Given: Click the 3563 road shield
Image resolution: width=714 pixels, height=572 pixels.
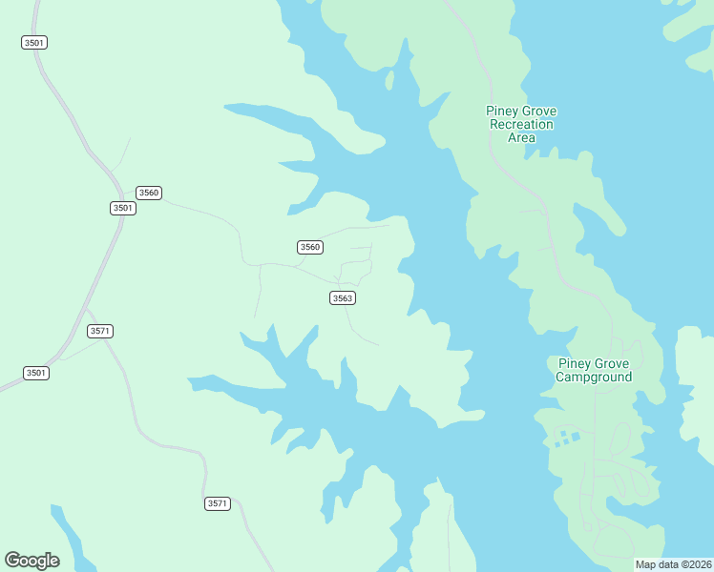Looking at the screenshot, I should click(343, 298).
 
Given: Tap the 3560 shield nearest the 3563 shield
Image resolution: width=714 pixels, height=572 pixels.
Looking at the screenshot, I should click(310, 247).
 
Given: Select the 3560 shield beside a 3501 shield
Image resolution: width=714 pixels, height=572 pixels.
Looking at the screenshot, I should click(149, 193).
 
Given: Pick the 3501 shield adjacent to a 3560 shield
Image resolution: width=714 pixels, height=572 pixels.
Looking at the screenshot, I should click(122, 208).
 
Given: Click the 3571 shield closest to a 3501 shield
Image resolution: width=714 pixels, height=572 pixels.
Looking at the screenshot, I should click(100, 331).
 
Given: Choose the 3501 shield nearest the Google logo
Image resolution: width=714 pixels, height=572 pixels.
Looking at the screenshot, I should click(35, 373).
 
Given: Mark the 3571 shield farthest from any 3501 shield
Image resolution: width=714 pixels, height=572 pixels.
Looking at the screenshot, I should click(218, 503).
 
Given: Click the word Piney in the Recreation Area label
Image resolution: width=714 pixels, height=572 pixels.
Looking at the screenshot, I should click(502, 112).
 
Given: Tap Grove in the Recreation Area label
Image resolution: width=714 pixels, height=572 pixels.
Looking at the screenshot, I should click(539, 112).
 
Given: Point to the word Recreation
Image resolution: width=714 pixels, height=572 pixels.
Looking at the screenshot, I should click(521, 125).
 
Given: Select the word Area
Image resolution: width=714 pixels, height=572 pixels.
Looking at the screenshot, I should click(521, 138).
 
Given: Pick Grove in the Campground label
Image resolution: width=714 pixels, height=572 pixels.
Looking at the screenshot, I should click(612, 364).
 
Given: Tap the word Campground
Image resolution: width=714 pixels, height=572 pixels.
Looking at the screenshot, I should click(594, 378).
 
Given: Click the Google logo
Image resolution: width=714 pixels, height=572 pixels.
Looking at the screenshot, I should click(31, 561).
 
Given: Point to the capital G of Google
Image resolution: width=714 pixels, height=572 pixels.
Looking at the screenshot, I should click(12, 561).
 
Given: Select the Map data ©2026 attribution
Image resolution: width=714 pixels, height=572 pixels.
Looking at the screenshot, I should click(674, 564).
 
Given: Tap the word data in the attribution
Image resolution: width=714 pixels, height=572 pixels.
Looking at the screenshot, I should click(667, 564).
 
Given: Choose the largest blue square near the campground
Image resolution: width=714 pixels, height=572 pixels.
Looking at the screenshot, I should click(576, 436).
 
